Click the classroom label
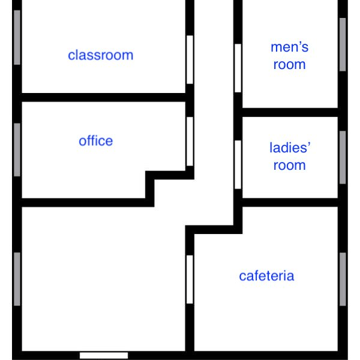(101, 55)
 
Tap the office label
(96, 141)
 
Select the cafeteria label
(266, 276)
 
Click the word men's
(290, 47)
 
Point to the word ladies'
(290, 148)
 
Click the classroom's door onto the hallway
(190, 59)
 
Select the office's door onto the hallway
(190, 142)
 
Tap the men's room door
(238, 68)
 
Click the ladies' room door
(238, 164)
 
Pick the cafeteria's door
(190, 280)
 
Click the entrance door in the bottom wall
(104, 356)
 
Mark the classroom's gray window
(17, 37)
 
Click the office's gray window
(17, 149)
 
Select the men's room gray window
(343, 44)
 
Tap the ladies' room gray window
(343, 157)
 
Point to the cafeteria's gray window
(343, 279)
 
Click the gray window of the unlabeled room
(17, 279)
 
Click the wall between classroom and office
(104, 97)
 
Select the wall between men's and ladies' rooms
(290, 112)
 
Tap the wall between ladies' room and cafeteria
(290, 202)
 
